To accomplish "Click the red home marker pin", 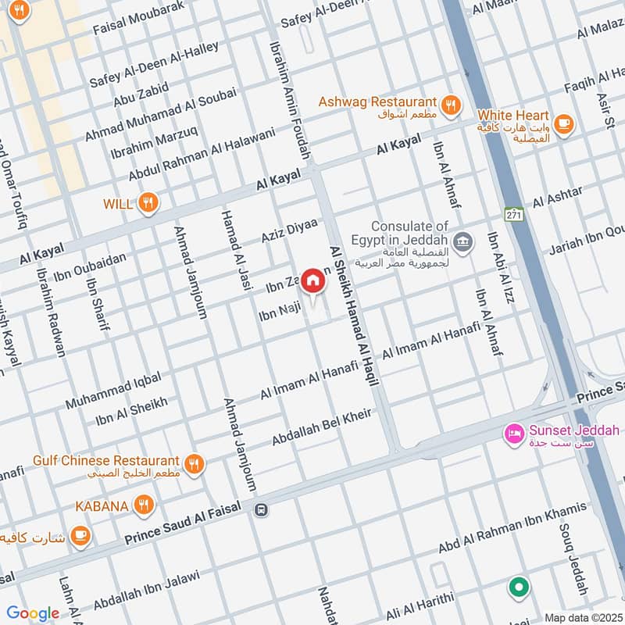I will point(312,280).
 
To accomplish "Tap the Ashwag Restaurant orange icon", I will point(450,104).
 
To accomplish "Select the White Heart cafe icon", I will point(564,123).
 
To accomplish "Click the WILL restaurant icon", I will point(148,204).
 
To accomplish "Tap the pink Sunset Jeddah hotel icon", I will point(514,431).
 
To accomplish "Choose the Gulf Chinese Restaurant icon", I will point(195,462).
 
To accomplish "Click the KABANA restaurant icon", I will point(142,505).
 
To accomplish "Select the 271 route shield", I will point(512,214).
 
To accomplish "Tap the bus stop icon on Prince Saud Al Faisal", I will point(261,509).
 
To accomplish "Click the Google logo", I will point(33,613).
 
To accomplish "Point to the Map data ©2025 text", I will point(583,617).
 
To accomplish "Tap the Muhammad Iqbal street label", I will point(113,391).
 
